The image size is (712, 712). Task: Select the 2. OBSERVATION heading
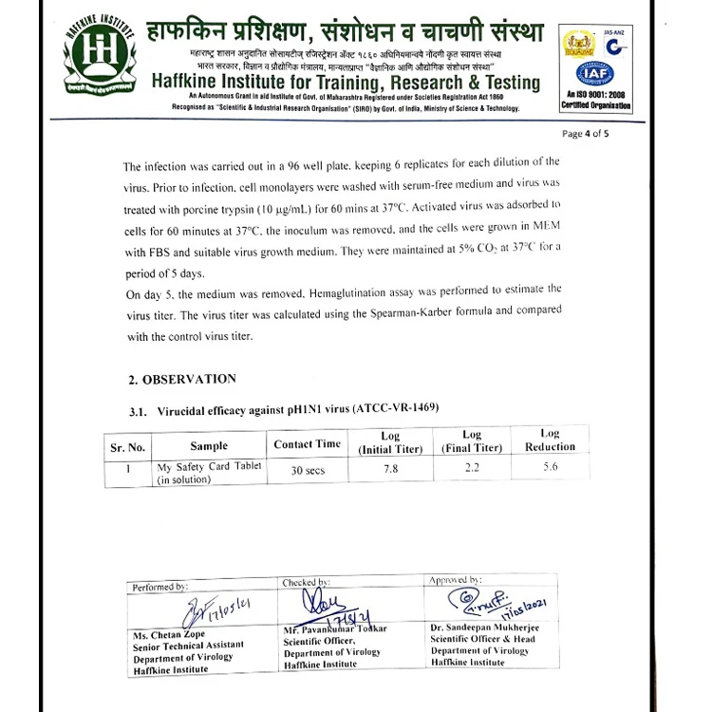click(x=182, y=379)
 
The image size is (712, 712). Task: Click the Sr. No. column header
click(x=127, y=446)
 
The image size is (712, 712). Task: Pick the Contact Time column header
click(x=307, y=443)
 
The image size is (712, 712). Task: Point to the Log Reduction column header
click(x=550, y=440)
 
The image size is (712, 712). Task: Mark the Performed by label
click(x=161, y=587)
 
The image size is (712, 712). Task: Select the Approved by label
click(x=456, y=579)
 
